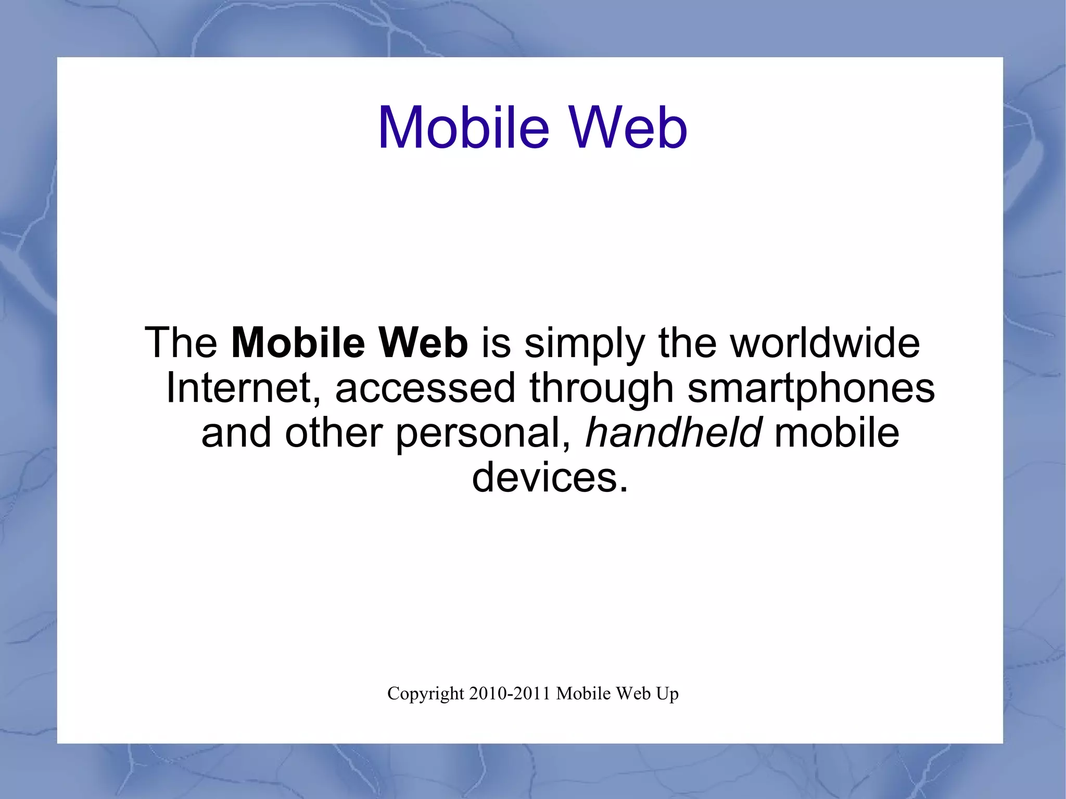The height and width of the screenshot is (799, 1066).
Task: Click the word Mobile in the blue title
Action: point(463,128)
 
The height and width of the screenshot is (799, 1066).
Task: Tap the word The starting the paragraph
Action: point(181,343)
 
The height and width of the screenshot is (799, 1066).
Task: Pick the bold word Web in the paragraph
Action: point(423,343)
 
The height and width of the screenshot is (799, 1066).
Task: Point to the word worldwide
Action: point(824,343)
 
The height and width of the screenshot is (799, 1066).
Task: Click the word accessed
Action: point(425,389)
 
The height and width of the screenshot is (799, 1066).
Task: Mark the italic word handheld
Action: point(674,433)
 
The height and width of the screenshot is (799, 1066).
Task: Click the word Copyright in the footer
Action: point(425,694)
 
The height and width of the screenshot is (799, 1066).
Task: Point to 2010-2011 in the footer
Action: point(510,693)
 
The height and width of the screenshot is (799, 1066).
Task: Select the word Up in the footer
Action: point(668,694)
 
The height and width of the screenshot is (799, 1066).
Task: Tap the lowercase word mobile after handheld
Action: point(836,433)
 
